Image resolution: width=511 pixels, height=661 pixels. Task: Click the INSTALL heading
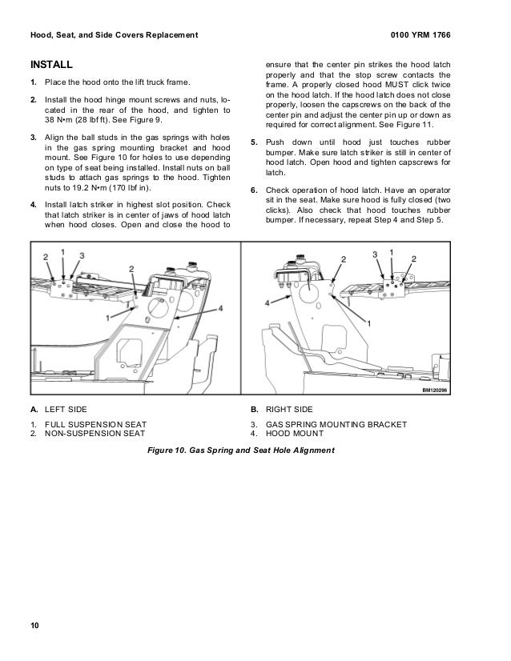click(x=50, y=64)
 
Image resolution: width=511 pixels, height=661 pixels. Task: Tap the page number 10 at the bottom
click(x=34, y=625)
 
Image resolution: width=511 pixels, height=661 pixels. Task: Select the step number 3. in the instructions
click(x=34, y=138)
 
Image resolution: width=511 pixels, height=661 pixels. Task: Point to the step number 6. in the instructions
click(x=254, y=190)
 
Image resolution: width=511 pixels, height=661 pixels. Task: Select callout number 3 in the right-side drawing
click(x=374, y=254)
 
